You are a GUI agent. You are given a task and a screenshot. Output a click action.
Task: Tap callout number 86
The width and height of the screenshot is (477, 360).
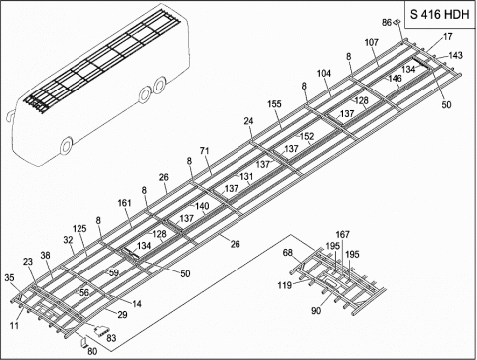(x=387, y=22)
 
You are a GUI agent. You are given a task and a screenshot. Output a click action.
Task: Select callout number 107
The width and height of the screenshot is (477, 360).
(x=372, y=43)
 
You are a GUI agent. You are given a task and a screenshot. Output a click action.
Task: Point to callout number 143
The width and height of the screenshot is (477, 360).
(x=455, y=55)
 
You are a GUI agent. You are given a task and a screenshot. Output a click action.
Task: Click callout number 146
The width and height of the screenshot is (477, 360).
(x=395, y=78)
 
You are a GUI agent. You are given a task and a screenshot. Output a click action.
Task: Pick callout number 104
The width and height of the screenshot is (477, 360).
(x=324, y=75)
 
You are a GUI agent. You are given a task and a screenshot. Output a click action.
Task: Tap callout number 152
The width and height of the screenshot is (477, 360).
(x=307, y=136)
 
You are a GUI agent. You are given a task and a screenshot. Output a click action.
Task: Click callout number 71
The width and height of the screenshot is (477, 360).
(x=205, y=150)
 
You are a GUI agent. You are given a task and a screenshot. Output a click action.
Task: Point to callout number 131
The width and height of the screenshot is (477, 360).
(x=245, y=176)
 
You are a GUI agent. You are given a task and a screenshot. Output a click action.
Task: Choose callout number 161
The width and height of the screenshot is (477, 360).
(x=124, y=204)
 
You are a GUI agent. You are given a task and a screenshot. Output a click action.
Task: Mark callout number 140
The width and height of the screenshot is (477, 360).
(x=201, y=206)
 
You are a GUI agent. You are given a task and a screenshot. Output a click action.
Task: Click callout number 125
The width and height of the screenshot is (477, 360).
(x=79, y=230)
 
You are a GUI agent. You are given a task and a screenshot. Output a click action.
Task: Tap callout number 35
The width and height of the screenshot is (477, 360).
(x=11, y=278)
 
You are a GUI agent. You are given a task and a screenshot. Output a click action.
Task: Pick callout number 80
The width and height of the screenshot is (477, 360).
(x=92, y=350)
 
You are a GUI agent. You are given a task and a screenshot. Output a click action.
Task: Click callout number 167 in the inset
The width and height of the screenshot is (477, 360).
(x=342, y=235)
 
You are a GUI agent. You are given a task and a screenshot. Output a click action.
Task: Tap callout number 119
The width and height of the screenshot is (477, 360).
(x=284, y=286)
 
